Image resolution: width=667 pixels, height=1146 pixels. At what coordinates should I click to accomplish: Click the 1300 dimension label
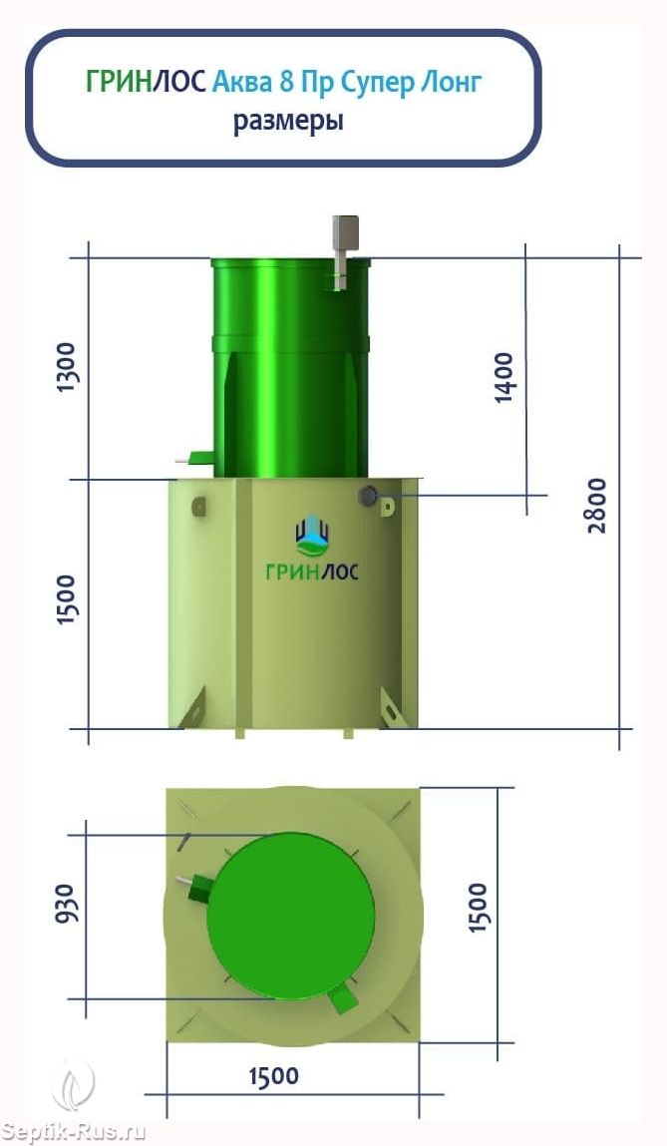[x=67, y=367]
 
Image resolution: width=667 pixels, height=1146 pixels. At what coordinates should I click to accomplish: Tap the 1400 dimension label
[x=504, y=378]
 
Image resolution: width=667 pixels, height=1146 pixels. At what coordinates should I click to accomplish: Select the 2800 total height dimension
[x=597, y=505]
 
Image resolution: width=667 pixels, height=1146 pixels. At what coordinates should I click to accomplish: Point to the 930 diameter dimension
[x=65, y=904]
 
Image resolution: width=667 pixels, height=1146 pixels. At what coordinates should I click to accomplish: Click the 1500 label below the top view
[x=274, y=1076]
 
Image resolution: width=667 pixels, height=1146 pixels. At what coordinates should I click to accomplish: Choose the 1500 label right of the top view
[x=477, y=907]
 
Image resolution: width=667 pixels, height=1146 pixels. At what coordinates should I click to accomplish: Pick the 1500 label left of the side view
[x=67, y=599]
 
